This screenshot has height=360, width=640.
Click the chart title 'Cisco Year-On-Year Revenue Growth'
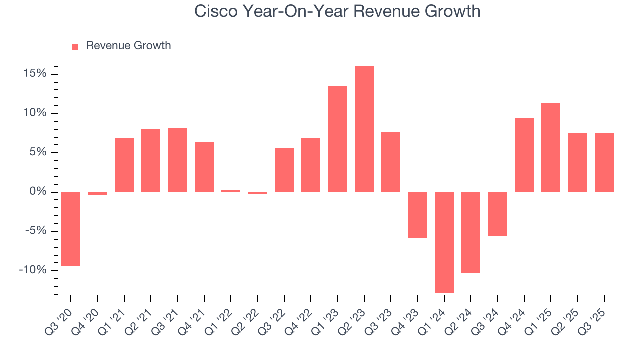pos(337,11)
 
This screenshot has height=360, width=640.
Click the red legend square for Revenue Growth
pos(75,46)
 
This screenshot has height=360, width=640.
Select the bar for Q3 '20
pos(71,229)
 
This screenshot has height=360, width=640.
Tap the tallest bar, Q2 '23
pos(364,129)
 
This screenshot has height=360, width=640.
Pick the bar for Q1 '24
pos(444,242)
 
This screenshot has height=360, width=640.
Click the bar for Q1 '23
pos(338,139)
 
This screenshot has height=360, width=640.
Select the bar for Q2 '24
pos(471,232)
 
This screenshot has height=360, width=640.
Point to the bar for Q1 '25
pos(551,147)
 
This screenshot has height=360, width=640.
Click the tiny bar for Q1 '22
pos(231,191)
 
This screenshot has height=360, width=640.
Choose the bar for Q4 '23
pos(418,215)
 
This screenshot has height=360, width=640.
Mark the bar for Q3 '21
pos(178,160)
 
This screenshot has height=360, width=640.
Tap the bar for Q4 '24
pos(524,155)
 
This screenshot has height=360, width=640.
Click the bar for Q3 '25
pos(604,162)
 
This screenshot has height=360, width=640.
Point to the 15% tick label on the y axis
pos(35,74)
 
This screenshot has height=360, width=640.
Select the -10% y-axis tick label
pos(33,271)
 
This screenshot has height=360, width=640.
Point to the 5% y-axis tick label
pos(37,153)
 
